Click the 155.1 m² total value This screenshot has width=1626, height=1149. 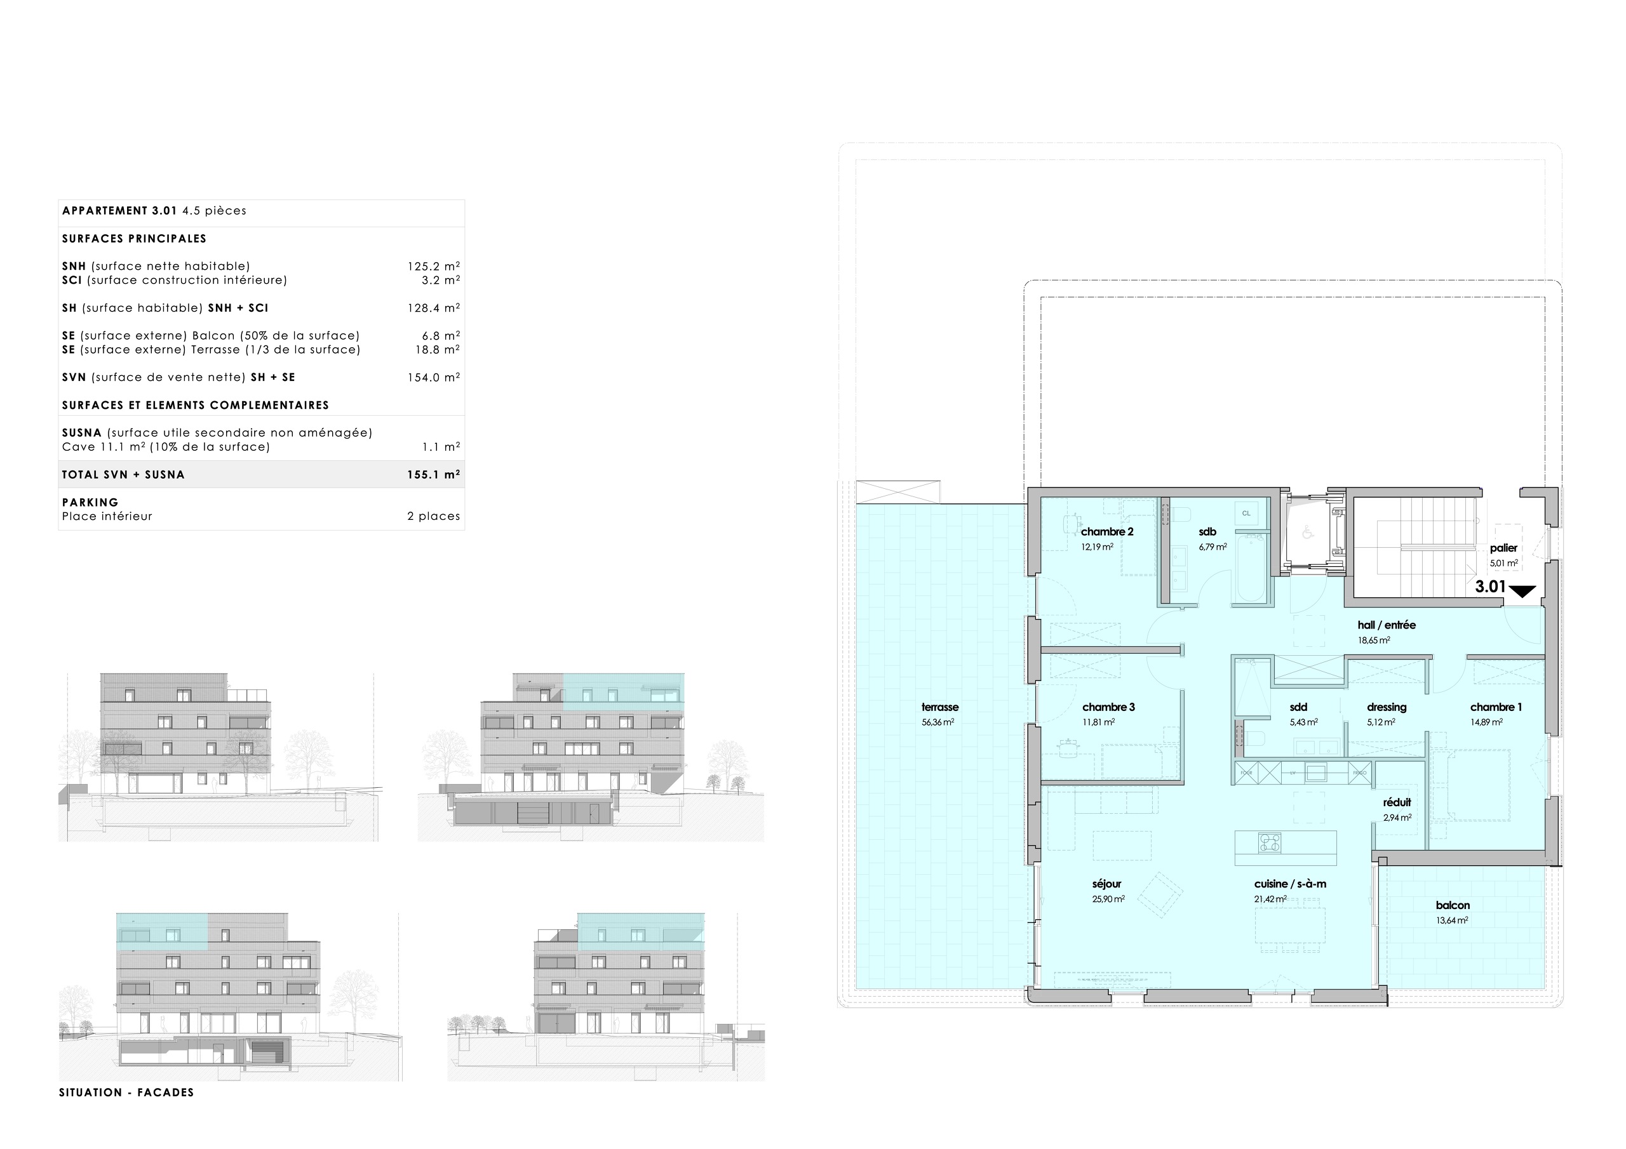click(433, 474)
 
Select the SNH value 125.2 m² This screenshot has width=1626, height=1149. click(433, 266)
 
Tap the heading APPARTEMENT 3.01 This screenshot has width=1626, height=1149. click(119, 210)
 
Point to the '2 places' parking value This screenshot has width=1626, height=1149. click(433, 516)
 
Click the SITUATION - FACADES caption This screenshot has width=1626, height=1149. click(126, 1093)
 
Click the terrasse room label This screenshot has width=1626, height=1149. click(940, 707)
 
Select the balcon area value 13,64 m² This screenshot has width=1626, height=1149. click(1452, 920)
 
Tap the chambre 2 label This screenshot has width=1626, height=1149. click(1107, 532)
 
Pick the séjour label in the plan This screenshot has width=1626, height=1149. click(1106, 884)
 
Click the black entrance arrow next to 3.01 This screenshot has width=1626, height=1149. click(1522, 591)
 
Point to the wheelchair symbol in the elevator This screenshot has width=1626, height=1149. click(1307, 533)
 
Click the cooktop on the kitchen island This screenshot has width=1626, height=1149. click(1270, 843)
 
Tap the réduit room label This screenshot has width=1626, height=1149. click(1397, 802)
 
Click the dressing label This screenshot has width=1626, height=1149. click(1386, 707)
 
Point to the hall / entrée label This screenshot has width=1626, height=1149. click(1386, 625)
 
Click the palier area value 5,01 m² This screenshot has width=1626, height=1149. click(1503, 564)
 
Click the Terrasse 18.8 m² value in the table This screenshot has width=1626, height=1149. click(437, 350)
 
